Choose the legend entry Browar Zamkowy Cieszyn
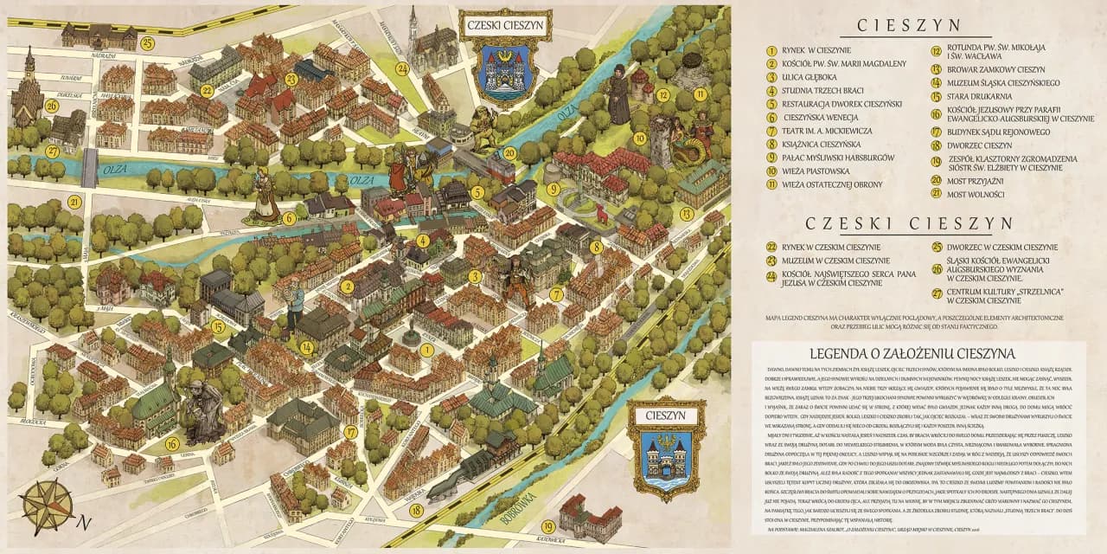point(995,69)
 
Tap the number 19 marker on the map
point(548,526)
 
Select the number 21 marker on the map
point(75,203)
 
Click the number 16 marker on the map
point(172,444)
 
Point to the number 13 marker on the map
point(687,213)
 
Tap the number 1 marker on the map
point(426,350)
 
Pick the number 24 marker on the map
point(402,68)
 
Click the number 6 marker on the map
point(290,218)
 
